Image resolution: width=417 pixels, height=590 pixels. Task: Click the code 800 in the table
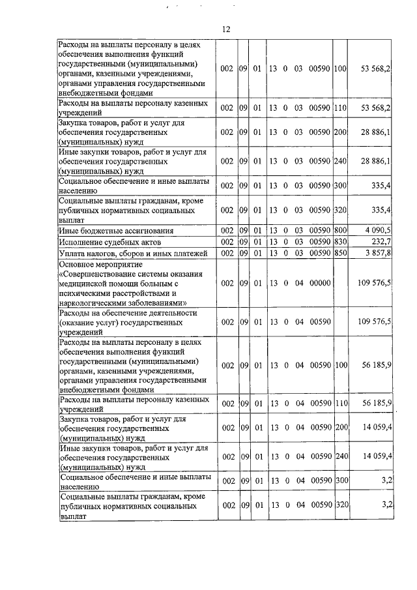pyautogui.click(x=339, y=231)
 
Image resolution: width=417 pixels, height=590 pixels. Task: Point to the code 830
pyautogui.click(x=339, y=242)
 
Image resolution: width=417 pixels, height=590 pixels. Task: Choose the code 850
pyautogui.click(x=339, y=253)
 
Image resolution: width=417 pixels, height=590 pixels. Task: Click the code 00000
pyautogui.click(x=321, y=284)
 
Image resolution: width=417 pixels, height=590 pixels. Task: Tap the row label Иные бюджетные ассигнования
pyautogui.click(x=115, y=231)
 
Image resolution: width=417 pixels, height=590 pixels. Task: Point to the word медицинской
pyautogui.click(x=86, y=284)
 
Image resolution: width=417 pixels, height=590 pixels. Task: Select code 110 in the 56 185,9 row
pyautogui.click(x=339, y=404)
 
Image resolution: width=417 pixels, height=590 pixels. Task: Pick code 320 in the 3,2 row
pyautogui.click(x=339, y=505)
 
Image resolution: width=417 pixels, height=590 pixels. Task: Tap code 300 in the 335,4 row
pyautogui.click(x=339, y=186)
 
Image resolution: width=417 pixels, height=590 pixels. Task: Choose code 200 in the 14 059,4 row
pyautogui.click(x=339, y=428)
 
